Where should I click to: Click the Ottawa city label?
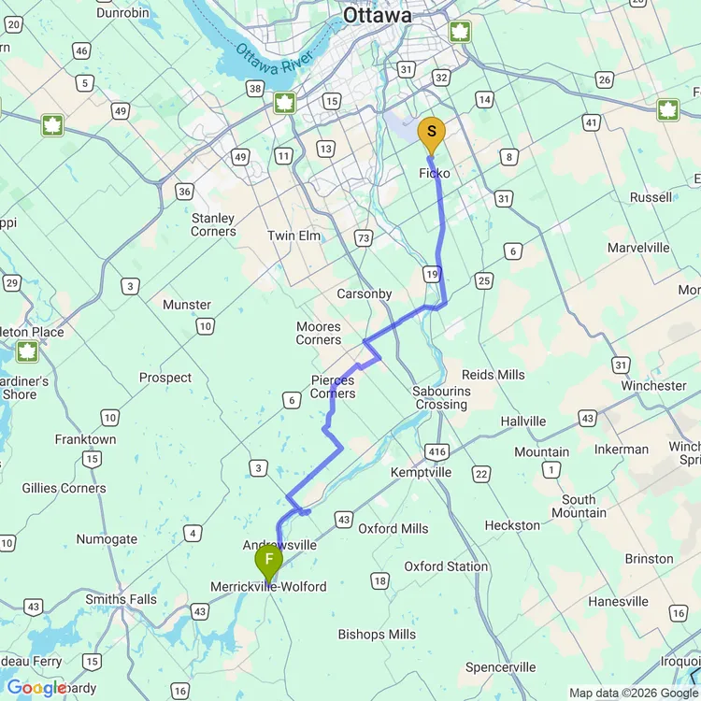377,16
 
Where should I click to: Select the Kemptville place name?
421,472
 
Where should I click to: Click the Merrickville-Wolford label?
269,586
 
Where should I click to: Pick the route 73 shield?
364,237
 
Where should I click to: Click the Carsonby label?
365,293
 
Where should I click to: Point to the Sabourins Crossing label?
440,398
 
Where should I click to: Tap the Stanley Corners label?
213,224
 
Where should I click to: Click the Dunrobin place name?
123,13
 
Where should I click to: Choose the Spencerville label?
500,667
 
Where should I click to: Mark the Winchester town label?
653,385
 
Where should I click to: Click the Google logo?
36,688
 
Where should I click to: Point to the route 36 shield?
184,192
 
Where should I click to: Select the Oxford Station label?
446,566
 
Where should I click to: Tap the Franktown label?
85,439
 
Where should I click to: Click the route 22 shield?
480,475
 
